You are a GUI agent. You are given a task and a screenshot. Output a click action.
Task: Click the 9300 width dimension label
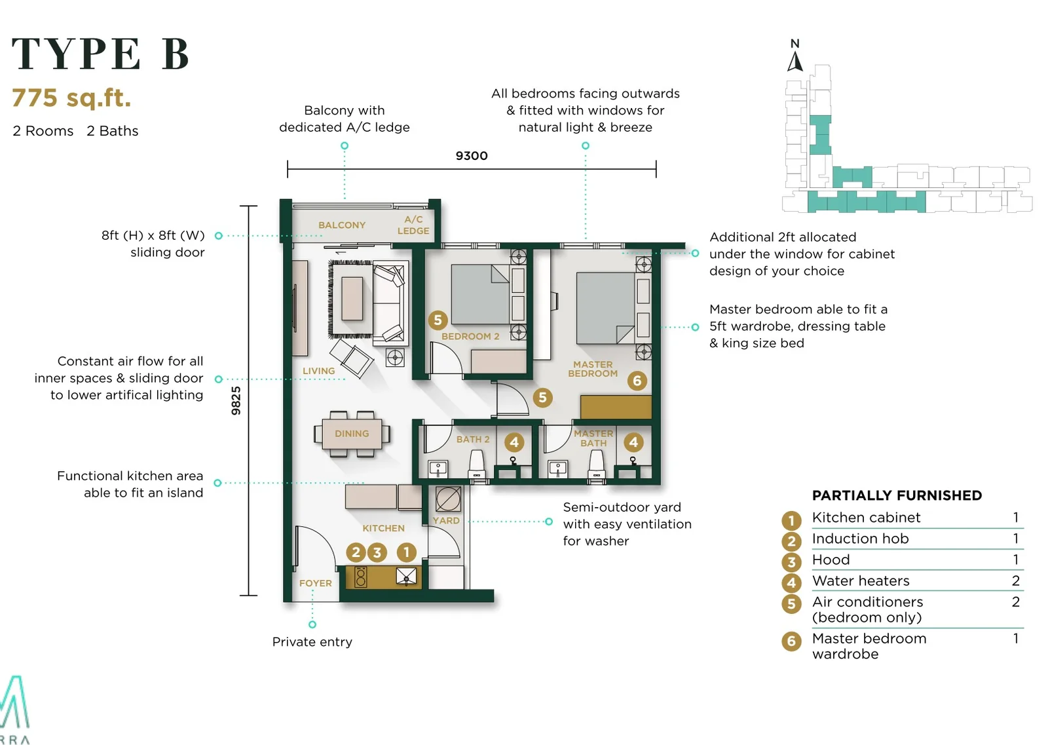click(472, 156)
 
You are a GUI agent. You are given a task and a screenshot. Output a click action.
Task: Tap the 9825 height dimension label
click(236, 400)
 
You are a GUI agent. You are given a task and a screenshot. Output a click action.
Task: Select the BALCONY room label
click(342, 225)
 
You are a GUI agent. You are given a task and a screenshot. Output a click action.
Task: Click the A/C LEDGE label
click(413, 225)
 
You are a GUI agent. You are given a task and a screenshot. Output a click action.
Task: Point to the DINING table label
click(352, 434)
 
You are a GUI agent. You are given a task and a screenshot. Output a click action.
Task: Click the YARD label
click(446, 520)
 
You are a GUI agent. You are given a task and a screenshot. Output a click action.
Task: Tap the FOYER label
click(315, 583)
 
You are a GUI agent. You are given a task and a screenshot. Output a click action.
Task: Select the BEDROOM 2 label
click(470, 337)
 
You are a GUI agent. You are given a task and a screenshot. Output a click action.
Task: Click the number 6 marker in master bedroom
click(637, 381)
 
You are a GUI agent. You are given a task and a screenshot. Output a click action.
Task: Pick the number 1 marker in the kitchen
click(407, 552)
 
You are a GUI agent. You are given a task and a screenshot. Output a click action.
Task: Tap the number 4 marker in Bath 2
click(514, 443)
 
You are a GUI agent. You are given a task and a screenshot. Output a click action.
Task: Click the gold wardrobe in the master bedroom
click(616, 407)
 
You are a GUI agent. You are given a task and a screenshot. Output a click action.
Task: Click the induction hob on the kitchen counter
click(361, 577)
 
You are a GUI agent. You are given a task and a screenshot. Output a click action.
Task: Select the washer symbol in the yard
click(448, 499)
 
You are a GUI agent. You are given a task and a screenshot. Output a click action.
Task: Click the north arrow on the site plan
click(795, 62)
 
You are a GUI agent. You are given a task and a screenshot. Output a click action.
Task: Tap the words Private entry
click(312, 642)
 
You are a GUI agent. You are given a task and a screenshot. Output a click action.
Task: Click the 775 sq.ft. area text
click(71, 98)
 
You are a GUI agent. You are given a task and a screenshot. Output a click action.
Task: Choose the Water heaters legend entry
click(861, 581)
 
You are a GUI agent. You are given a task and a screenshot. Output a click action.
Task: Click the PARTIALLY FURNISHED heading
click(897, 495)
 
